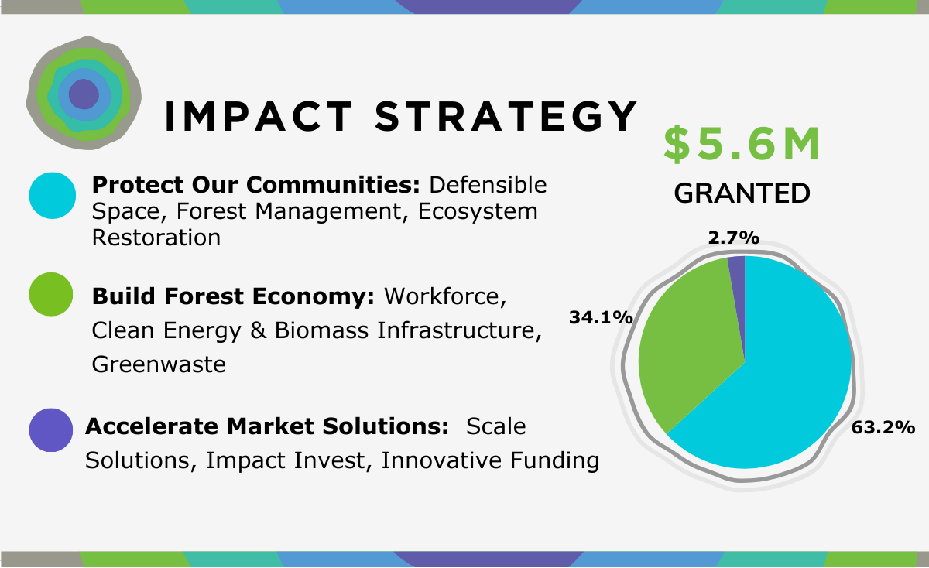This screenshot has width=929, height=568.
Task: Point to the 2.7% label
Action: tap(734, 238)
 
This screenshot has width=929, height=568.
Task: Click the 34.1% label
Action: tap(601, 317)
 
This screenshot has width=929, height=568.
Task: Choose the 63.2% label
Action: tap(883, 427)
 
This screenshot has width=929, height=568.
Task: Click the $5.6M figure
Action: tap(742, 144)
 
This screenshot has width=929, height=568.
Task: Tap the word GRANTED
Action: tap(742, 193)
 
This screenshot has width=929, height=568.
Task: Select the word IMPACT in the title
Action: tap(259, 117)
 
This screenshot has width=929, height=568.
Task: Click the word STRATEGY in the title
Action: tap(506, 117)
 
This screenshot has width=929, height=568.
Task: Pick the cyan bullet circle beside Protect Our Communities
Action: tap(53, 195)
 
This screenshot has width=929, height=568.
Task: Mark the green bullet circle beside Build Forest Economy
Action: tap(51, 294)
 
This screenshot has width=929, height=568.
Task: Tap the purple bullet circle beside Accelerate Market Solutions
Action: tap(51, 430)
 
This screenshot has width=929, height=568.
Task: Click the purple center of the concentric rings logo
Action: tap(84, 94)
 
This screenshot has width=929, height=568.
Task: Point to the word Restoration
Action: tap(156, 238)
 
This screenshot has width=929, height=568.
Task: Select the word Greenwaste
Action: tap(159, 364)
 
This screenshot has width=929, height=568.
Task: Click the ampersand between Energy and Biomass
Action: tap(258, 330)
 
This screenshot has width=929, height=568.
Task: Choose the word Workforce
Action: tap(445, 296)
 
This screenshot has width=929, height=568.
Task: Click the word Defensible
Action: tap(488, 185)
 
